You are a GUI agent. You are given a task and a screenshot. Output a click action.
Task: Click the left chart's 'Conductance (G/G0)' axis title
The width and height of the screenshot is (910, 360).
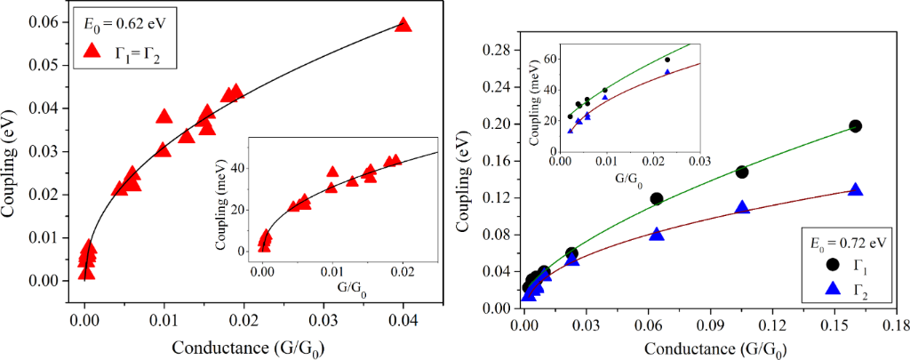[x=203, y=345]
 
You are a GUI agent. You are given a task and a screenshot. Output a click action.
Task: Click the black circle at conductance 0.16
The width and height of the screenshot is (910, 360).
[x=855, y=126]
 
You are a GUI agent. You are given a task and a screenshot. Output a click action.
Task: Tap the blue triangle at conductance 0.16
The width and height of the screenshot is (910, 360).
[x=855, y=189]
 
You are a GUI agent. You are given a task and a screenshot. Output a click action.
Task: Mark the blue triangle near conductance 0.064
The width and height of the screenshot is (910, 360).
[x=657, y=234]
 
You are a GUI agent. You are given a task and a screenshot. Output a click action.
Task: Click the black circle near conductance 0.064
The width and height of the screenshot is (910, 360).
[x=657, y=198]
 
